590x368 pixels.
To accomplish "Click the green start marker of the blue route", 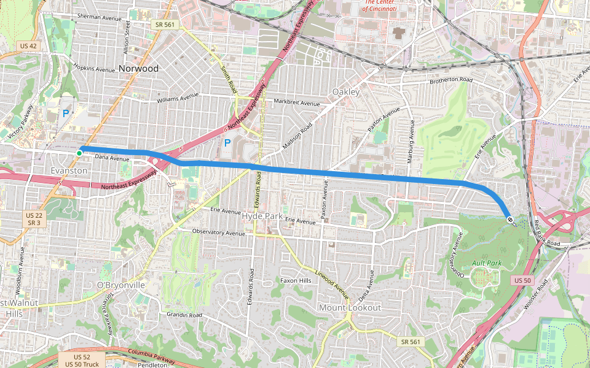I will coord(80,152).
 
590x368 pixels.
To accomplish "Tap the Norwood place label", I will coord(138,68).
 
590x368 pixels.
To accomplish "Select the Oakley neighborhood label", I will coord(345,91).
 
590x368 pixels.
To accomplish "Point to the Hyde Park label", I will coord(262,217).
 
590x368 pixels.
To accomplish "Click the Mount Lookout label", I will coord(350,307).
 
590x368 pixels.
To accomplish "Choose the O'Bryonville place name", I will coord(121,285).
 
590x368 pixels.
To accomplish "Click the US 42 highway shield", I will coord(28,46).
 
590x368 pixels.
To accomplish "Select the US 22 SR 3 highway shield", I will coord(34,219).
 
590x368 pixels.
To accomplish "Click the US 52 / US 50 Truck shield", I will coord(82,361).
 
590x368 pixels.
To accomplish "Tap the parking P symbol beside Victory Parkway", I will coord(66,113).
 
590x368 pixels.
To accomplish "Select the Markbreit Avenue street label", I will coord(297,102).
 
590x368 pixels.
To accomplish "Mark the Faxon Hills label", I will coord(296,280).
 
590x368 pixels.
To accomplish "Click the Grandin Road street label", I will coord(184,315).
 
